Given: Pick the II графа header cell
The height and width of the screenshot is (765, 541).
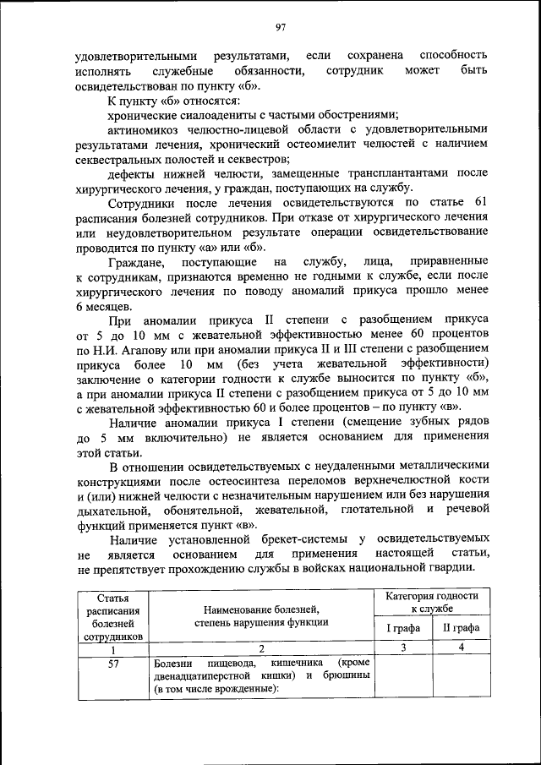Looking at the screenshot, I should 460,627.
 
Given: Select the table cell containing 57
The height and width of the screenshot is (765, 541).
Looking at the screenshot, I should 112,664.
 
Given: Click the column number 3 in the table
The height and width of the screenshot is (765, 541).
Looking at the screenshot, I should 403,648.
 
